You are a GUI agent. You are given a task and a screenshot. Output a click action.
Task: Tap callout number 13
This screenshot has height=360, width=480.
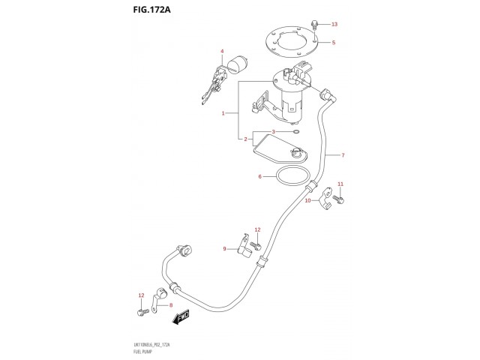[x=334, y=25]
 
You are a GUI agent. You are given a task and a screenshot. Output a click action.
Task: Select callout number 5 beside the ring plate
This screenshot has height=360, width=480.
[x=334, y=43]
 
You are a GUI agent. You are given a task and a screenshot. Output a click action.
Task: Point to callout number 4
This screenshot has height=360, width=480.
[x=222, y=52]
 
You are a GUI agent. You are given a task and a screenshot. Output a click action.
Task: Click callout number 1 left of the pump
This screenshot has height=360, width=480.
[x=223, y=113]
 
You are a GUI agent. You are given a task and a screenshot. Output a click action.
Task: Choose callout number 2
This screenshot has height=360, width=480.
[x=223, y=139]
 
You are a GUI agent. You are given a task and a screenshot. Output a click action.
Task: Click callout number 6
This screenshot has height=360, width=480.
[x=260, y=177]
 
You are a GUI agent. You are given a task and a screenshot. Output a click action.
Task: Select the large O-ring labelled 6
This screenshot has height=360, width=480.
[x=291, y=178]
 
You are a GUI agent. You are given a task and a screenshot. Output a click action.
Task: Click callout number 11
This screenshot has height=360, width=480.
[x=340, y=184]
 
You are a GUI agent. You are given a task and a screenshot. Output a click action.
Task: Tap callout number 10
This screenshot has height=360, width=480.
[x=307, y=201]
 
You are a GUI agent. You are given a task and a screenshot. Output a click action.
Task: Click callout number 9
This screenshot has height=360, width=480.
[x=223, y=248]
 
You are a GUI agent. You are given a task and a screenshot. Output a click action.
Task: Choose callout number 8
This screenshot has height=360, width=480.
[x=171, y=305]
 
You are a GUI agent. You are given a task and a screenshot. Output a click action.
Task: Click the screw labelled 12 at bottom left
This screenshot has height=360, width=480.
[x=140, y=310]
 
